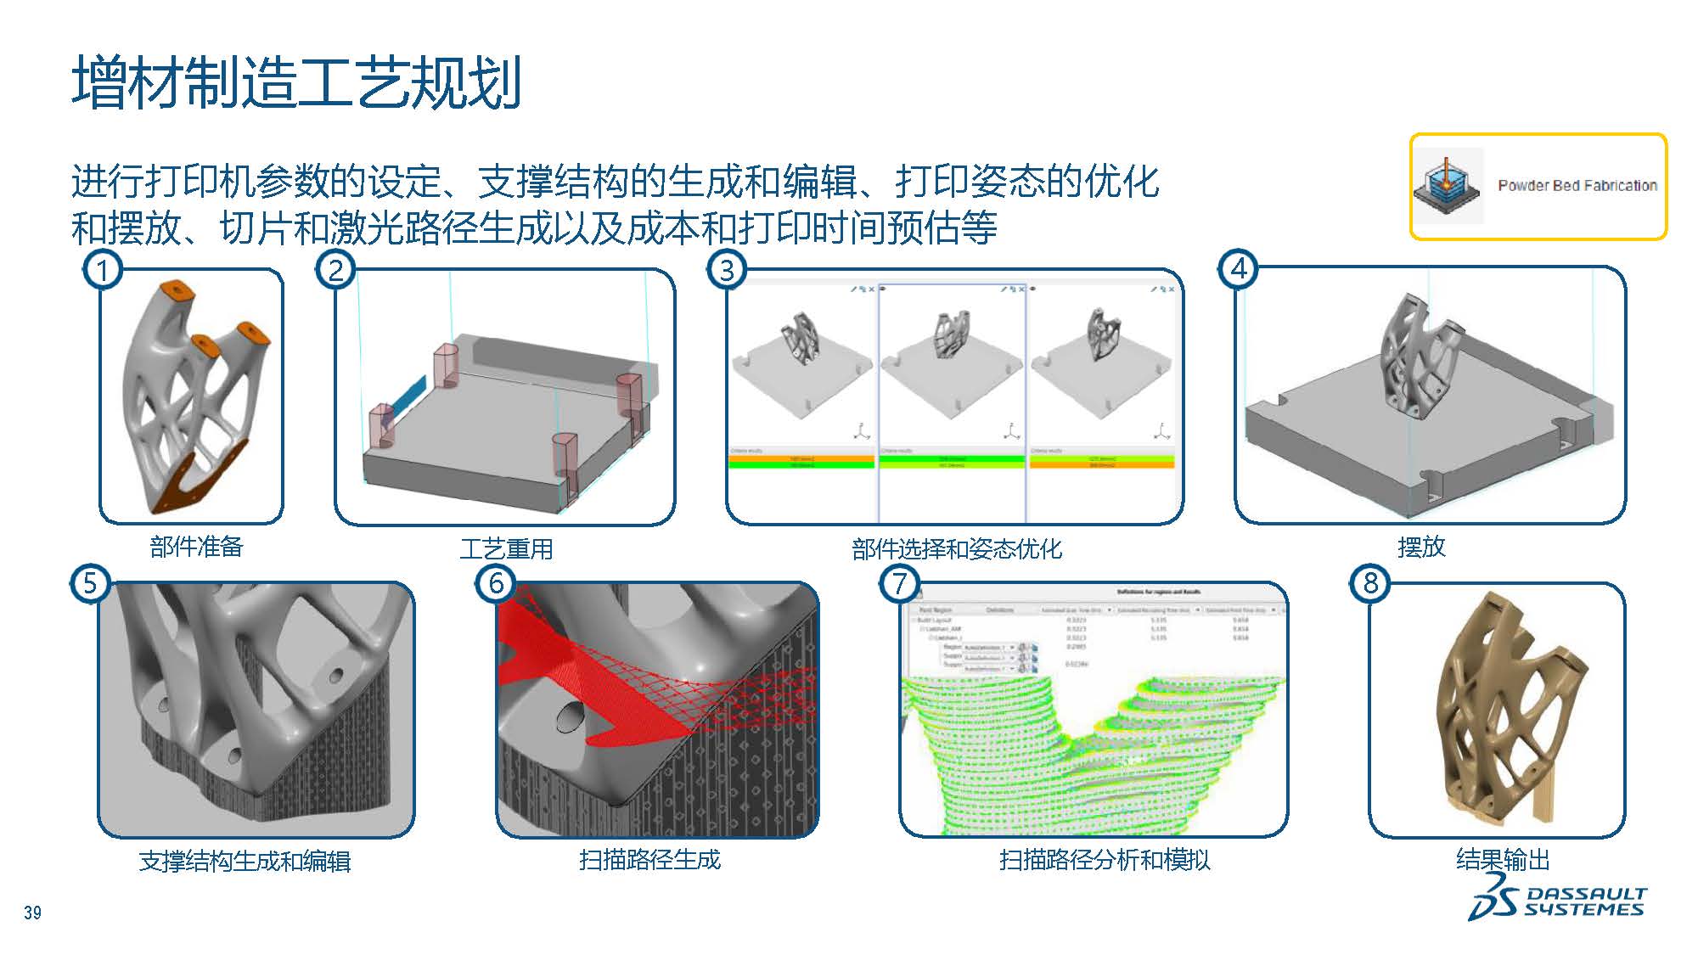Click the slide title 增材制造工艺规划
coord(296,82)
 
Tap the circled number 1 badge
coord(103,270)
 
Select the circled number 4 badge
coord(1239,268)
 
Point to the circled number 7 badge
coord(900,583)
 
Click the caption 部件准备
coord(196,547)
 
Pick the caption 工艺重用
coord(506,548)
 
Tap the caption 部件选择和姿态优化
coord(956,549)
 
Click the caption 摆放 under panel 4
coord(1421,547)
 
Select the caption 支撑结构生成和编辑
coord(245,862)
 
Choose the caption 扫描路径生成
coord(649,860)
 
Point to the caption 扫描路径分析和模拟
coord(1104,860)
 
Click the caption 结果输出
coord(1502,860)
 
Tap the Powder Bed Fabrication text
coord(1577,185)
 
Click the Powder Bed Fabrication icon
coord(1447,186)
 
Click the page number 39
coord(32,913)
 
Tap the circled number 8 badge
coord(1370,583)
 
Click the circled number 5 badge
coord(90,583)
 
